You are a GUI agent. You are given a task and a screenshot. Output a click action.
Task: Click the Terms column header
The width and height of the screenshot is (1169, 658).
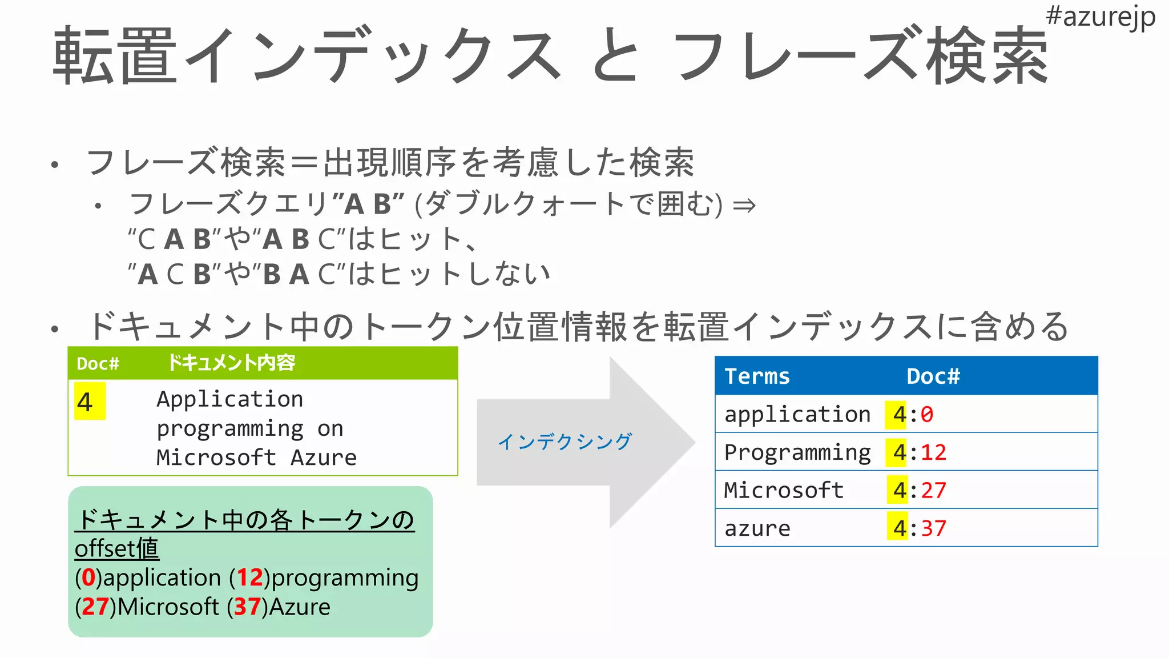point(757,376)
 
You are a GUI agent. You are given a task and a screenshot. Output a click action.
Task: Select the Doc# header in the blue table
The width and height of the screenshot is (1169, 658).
point(933,376)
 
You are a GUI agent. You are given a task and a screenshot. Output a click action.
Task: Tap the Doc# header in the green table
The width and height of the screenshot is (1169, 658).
point(98,364)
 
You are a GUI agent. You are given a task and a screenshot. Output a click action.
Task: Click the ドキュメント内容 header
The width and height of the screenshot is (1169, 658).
point(231,363)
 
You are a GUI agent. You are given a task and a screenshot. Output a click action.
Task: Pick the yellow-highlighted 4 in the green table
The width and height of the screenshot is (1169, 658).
point(86,402)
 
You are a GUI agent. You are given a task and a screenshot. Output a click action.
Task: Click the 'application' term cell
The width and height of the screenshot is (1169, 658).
point(797,414)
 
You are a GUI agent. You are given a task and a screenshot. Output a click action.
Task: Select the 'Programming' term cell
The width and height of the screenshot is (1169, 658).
point(797,452)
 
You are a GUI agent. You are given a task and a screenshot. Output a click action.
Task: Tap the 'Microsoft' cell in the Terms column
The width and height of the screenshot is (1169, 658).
point(784,490)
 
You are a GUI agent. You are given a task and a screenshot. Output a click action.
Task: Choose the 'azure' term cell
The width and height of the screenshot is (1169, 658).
point(757,528)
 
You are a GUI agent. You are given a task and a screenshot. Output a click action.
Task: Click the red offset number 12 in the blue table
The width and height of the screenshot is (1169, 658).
point(933,452)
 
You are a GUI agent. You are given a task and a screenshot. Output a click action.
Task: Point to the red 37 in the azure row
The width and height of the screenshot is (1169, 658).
point(933,528)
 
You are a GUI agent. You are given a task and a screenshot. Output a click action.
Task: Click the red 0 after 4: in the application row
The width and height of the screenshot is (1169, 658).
point(927,414)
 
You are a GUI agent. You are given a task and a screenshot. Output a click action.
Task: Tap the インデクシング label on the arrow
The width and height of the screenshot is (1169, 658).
point(565,442)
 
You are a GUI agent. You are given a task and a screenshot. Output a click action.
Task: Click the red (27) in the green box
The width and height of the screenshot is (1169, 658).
point(95,607)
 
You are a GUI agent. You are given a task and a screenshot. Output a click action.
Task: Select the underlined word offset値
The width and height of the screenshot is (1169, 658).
point(117,549)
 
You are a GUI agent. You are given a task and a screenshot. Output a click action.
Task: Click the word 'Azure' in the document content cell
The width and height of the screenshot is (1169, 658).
point(324,458)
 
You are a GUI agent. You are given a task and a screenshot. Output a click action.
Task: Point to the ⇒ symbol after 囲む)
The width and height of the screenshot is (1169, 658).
point(744,205)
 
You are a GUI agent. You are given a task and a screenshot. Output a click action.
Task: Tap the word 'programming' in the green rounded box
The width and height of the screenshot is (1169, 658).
point(345,578)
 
